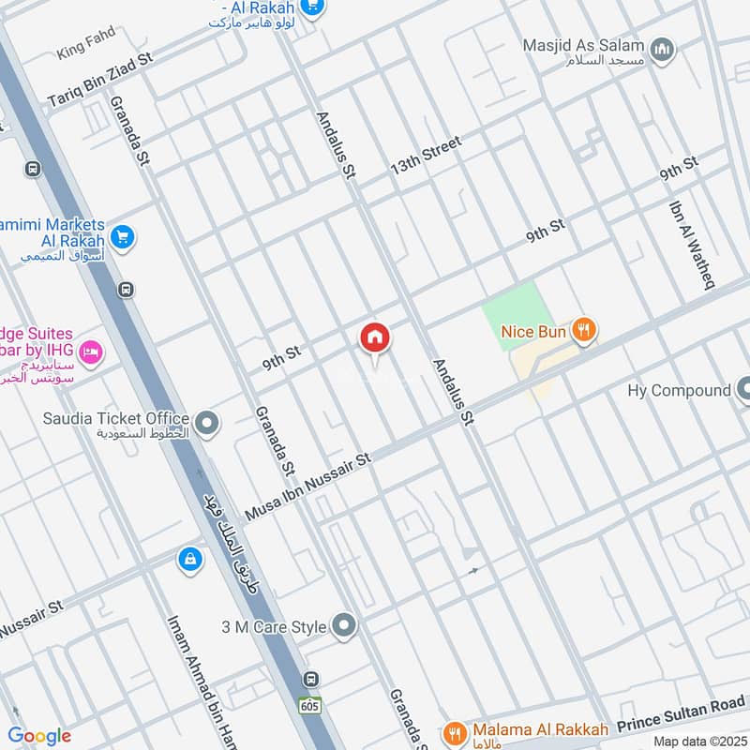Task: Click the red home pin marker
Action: (375, 338)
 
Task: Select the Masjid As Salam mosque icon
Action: (663, 50)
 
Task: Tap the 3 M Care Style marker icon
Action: (345, 625)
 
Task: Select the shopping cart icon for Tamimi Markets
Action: (122, 237)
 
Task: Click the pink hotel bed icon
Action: (92, 352)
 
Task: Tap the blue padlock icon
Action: (189, 560)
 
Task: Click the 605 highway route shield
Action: (309, 704)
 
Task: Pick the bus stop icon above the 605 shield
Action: (310, 679)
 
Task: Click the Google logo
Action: (39, 736)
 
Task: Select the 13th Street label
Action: (427, 155)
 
